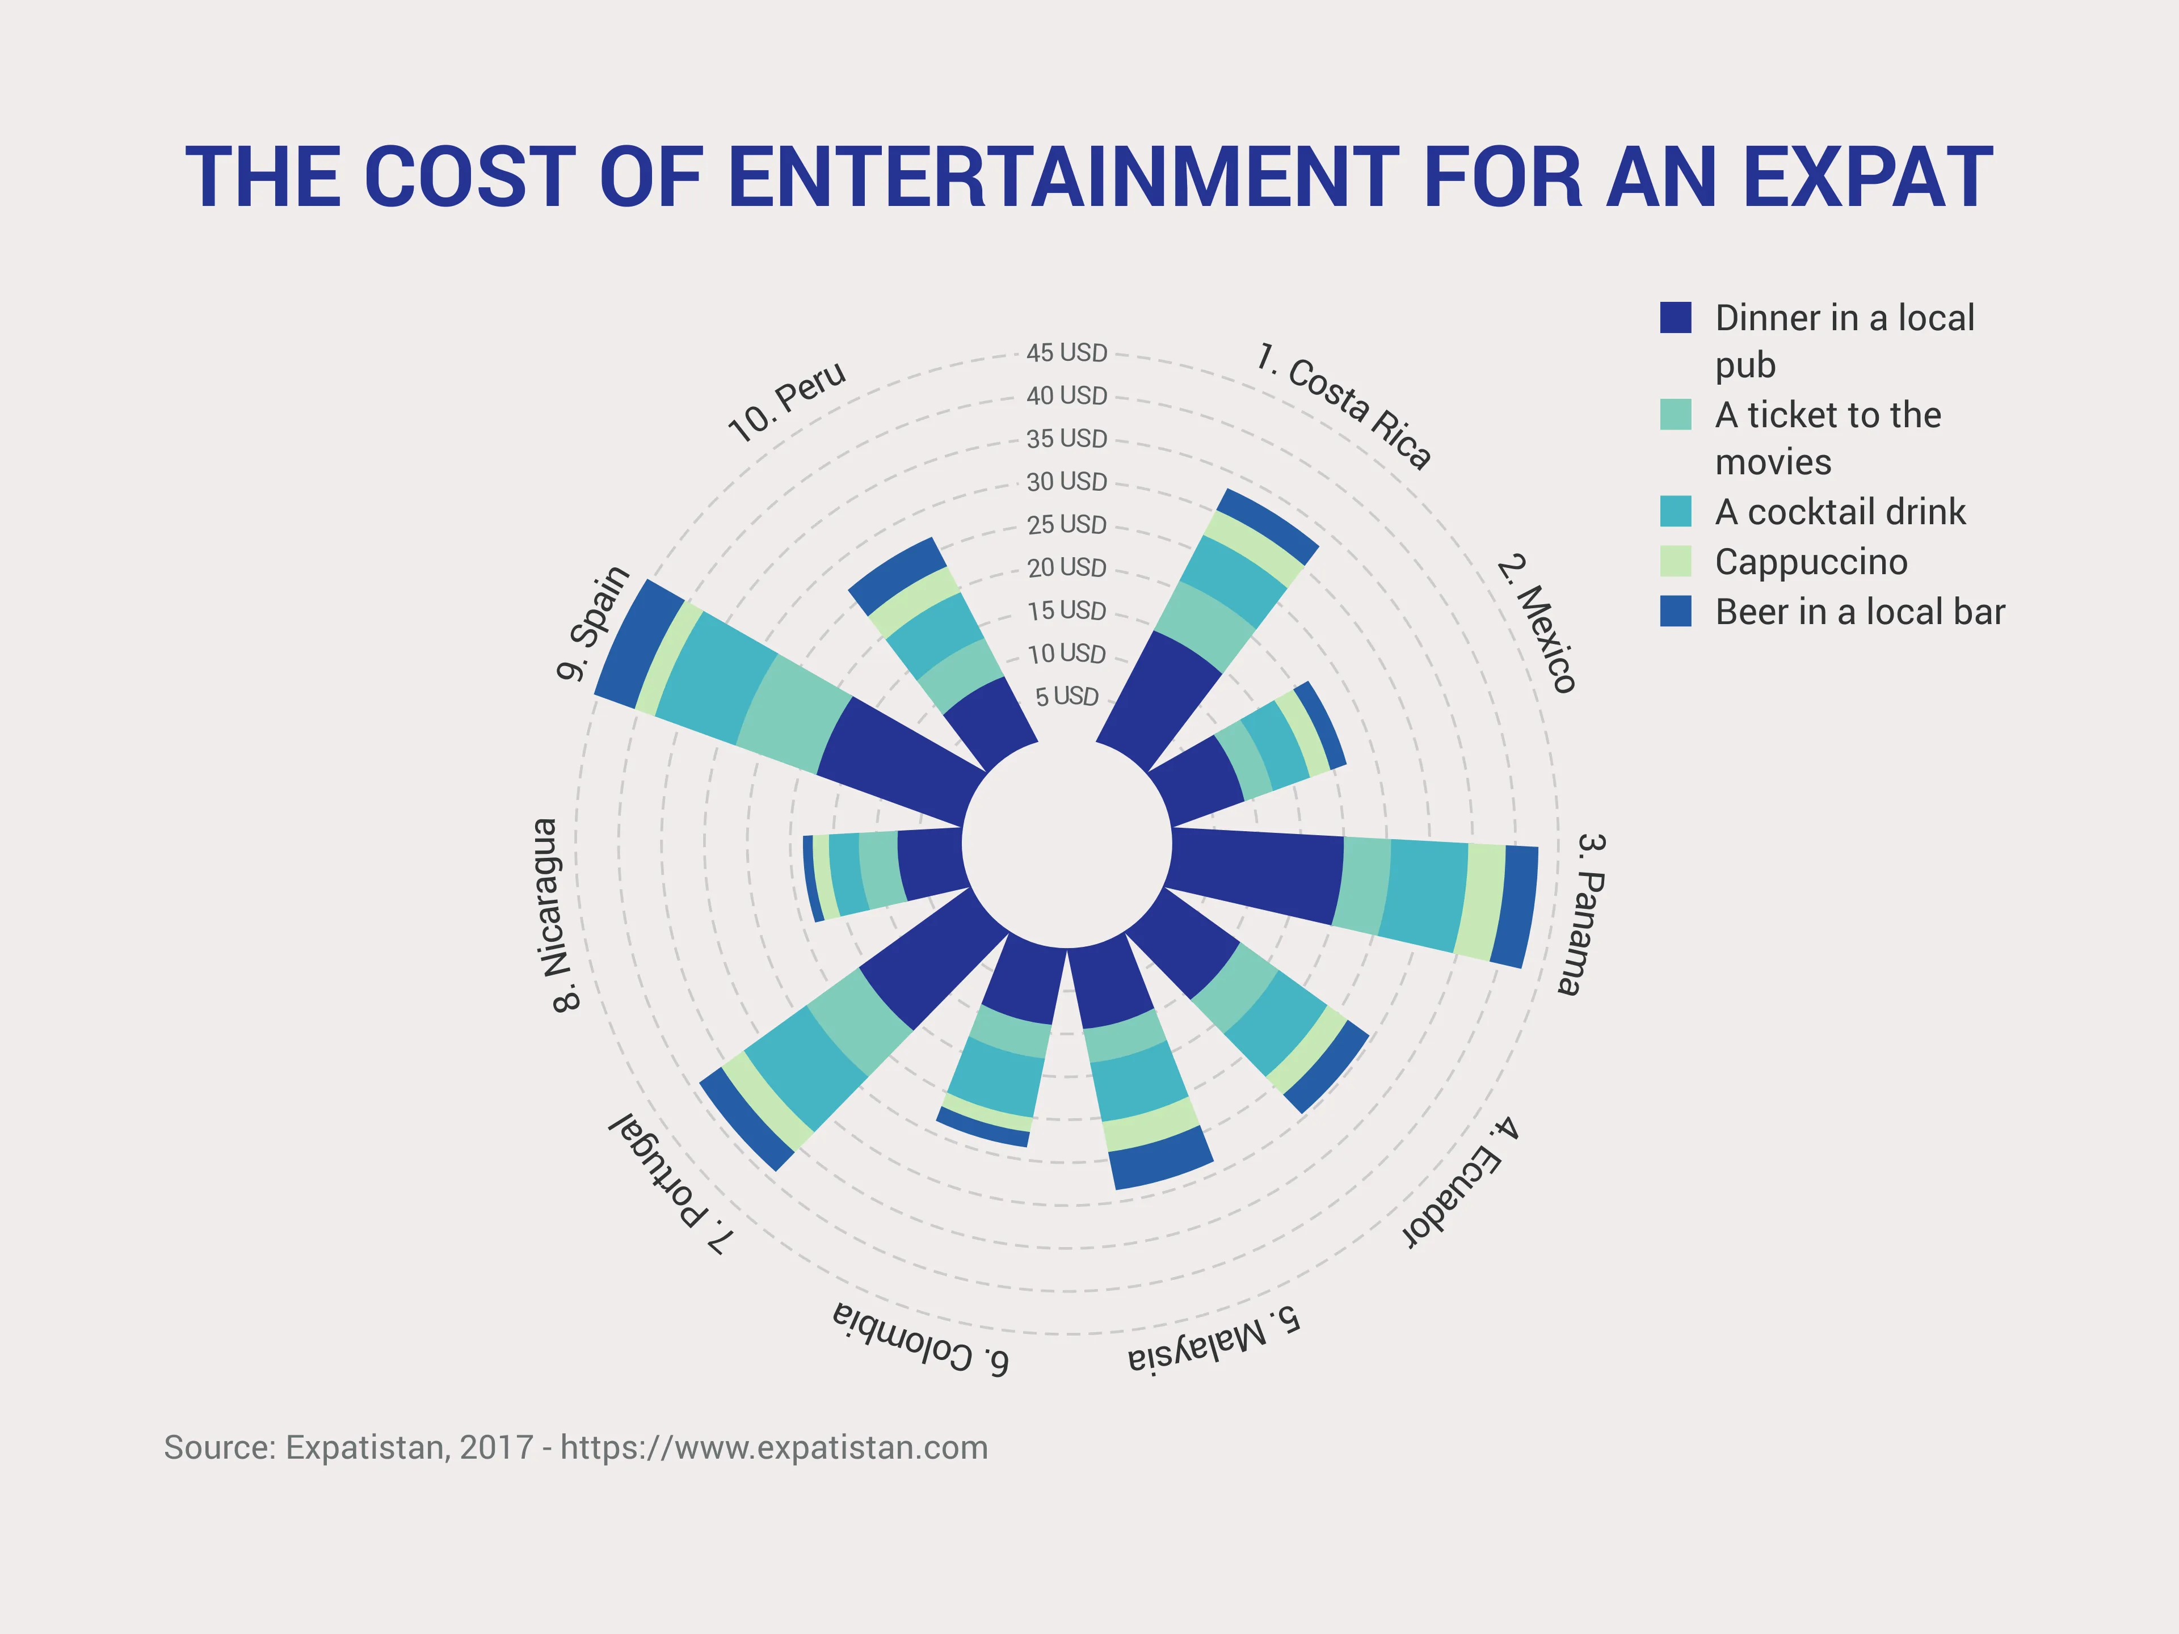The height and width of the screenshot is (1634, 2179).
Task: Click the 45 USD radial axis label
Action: point(1067,352)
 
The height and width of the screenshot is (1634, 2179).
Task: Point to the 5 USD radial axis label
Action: point(1067,696)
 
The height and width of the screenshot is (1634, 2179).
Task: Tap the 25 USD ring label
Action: point(1067,525)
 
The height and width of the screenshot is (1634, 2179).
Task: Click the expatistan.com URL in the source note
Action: point(773,1448)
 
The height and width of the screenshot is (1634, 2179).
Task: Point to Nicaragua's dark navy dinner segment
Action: point(931,864)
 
